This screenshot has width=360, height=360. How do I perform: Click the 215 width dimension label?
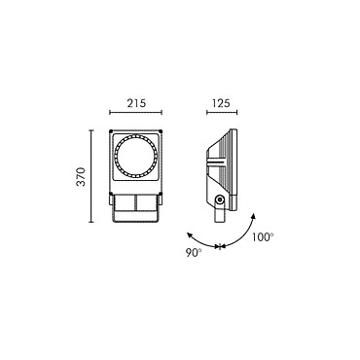coord(136,103)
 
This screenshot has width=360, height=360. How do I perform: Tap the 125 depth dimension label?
coord(221,103)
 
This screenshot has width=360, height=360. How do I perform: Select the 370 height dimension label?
coord(81,176)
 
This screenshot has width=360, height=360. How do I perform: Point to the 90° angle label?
coord(194,253)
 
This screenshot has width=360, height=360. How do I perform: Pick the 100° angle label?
coord(263,237)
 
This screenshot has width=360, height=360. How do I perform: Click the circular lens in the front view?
coord(136,156)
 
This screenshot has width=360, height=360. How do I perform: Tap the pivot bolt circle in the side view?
coord(220,199)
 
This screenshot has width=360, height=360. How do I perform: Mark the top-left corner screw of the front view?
coord(111,131)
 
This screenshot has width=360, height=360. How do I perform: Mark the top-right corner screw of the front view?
coord(161,131)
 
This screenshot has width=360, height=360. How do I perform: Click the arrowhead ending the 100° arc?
coord(253,216)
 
